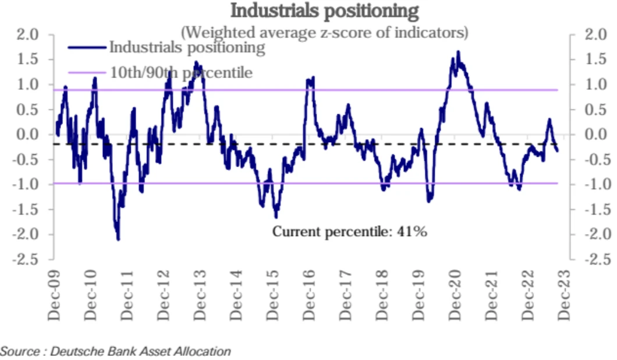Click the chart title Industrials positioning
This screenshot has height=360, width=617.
click(324, 10)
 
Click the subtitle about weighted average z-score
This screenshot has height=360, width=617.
click(325, 31)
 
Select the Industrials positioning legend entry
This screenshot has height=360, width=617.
click(187, 47)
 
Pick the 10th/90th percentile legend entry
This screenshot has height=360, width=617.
click(181, 73)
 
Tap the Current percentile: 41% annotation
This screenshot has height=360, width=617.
click(350, 231)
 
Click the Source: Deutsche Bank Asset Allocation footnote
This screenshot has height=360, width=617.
click(116, 351)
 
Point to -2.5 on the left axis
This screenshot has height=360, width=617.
click(25, 259)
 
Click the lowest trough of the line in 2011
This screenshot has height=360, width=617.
click(118, 239)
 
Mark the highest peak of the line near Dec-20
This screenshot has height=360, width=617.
click(458, 52)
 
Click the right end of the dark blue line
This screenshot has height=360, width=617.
click(558, 151)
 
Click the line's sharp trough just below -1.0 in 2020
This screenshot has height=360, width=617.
click(429, 201)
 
